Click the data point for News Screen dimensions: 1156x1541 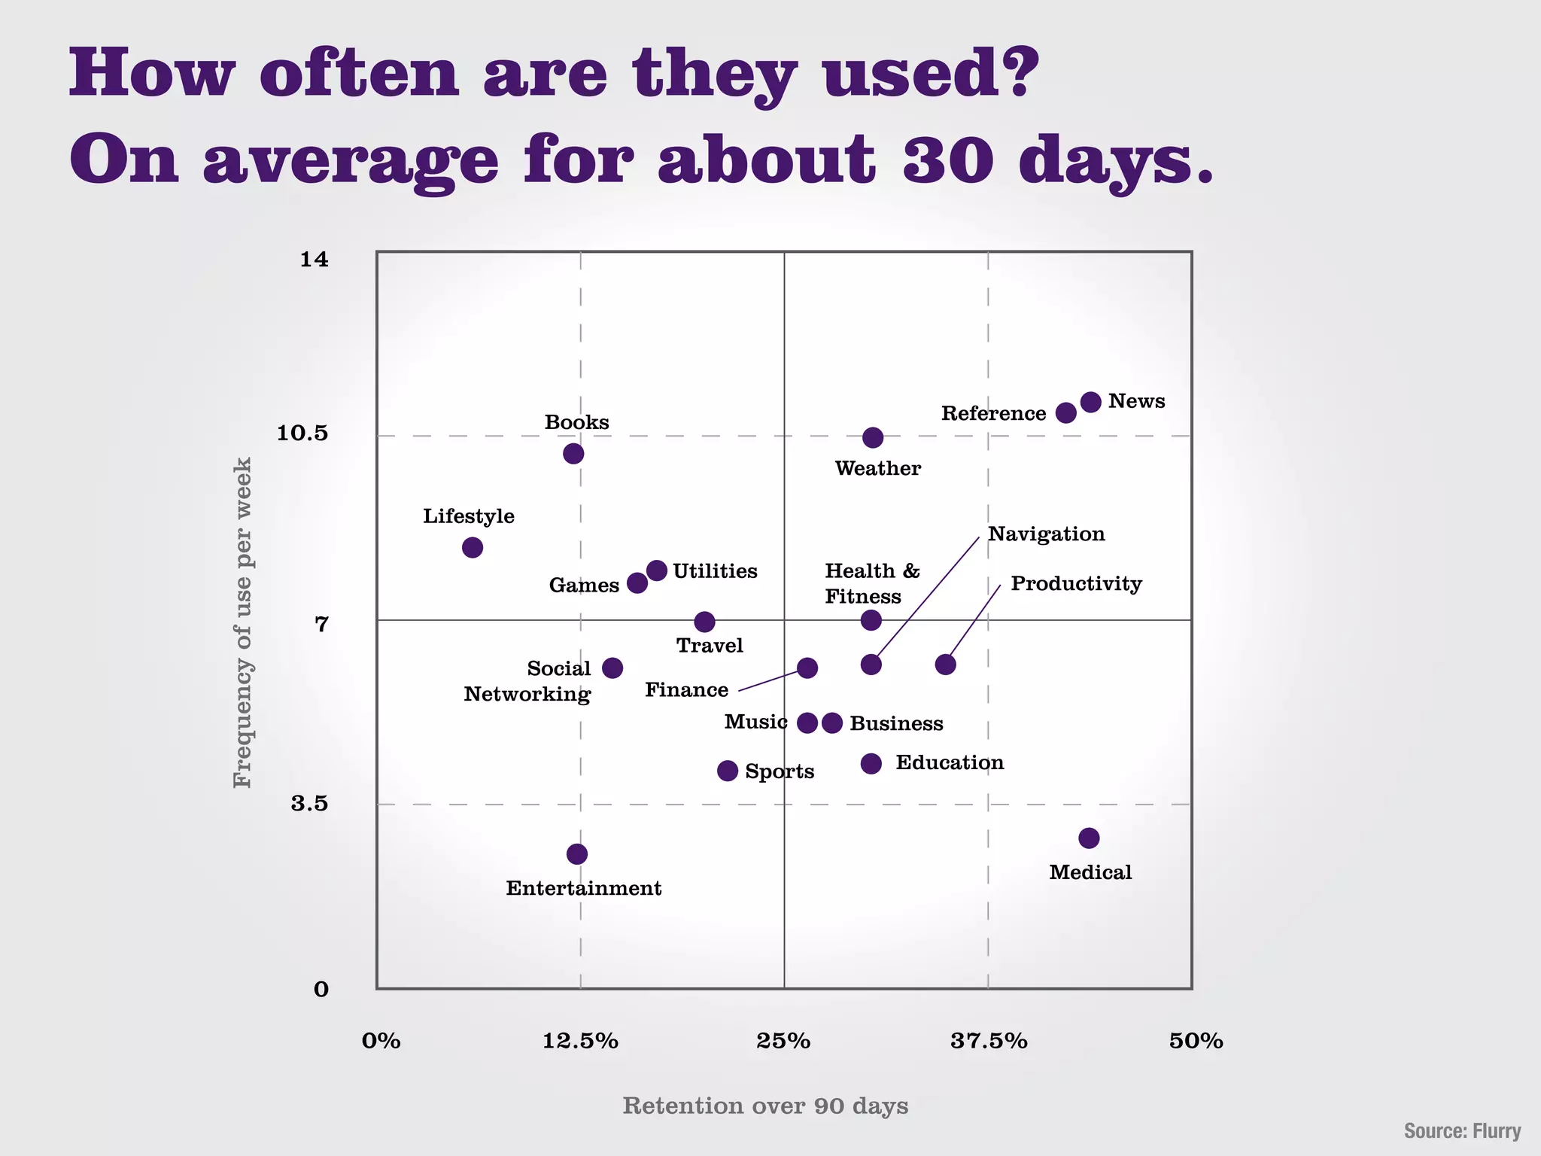[1090, 402]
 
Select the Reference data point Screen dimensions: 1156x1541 [1065, 412]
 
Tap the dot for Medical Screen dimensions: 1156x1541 [1089, 838]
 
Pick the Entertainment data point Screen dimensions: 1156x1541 [577, 853]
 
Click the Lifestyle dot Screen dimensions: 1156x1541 [473, 547]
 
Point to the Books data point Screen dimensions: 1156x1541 [573, 453]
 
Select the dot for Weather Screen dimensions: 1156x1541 [873, 437]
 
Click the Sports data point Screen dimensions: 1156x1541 [728, 771]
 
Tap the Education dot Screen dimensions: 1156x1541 [871, 764]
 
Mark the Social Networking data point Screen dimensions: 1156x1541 [612, 668]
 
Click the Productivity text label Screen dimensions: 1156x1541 [1076, 584]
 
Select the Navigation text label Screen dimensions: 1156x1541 [1046, 534]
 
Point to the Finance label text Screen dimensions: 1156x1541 [686, 690]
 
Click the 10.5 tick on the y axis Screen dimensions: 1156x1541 [302, 433]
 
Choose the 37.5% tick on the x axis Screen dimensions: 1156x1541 [988, 1042]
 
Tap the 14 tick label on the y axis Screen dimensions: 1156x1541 [315, 260]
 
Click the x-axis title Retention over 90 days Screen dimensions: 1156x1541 [765, 1106]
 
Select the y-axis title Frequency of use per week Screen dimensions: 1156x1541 [242, 622]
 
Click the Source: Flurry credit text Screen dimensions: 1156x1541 [1462, 1131]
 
